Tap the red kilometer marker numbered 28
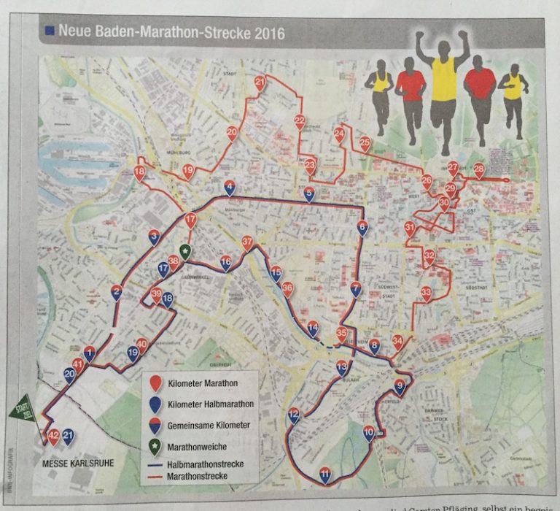click(x=478, y=170)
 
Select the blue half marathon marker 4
click(x=230, y=188)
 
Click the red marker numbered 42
click(x=52, y=437)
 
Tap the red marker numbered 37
click(x=248, y=242)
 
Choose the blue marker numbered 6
click(x=362, y=228)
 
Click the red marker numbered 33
click(x=427, y=293)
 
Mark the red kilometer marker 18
click(x=139, y=173)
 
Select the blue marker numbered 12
click(x=294, y=415)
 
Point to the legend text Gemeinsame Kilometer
click(x=209, y=424)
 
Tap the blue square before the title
click(x=49, y=31)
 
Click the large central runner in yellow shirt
click(x=443, y=88)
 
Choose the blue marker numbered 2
click(x=117, y=293)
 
